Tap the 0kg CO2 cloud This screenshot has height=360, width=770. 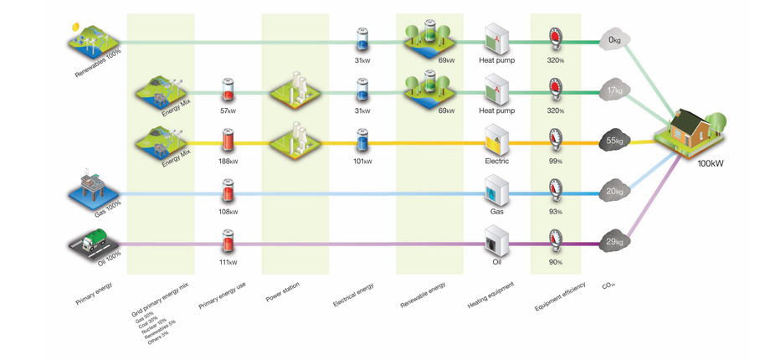(x=615, y=40)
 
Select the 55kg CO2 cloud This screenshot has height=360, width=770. (x=615, y=141)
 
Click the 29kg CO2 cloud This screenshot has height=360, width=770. (x=615, y=242)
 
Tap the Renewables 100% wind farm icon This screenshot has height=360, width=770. (x=93, y=39)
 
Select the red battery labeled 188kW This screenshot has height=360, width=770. (x=228, y=141)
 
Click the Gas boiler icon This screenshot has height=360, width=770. (x=497, y=191)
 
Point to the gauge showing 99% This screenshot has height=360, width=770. (x=555, y=140)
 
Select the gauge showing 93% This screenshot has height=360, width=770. (x=555, y=191)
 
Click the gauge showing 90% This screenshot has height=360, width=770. (x=555, y=241)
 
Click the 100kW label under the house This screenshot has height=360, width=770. (x=710, y=163)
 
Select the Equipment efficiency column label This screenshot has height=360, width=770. (x=560, y=297)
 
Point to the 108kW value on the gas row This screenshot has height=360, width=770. (x=228, y=212)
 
